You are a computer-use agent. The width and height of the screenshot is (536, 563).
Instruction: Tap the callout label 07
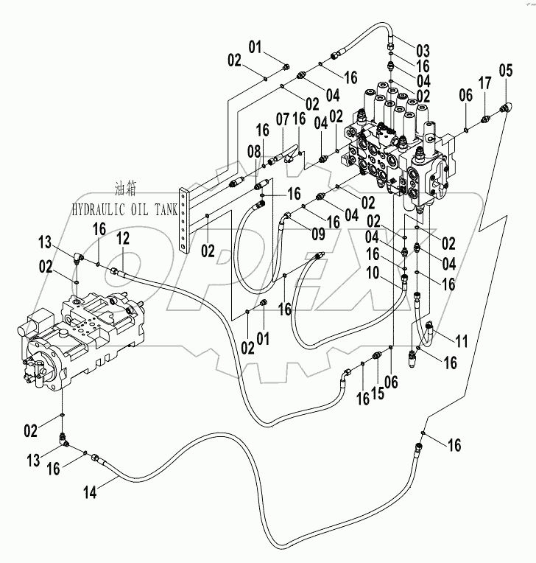[x=283, y=119]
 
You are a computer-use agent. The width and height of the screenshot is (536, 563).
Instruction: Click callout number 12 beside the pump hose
[x=122, y=237]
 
